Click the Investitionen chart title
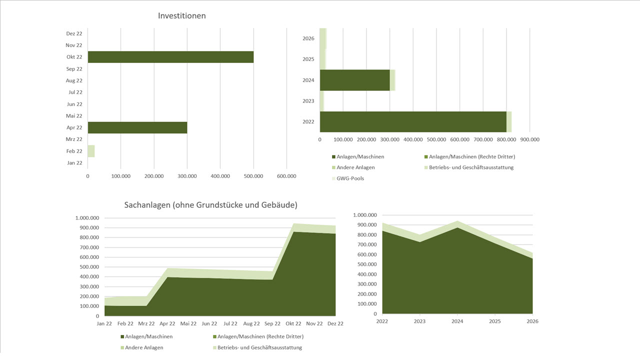(181, 15)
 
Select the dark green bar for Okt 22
(170, 57)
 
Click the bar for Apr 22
(137, 127)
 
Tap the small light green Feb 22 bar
(91, 151)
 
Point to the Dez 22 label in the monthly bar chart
(74, 33)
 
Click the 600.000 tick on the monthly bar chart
(286, 176)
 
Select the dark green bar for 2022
(412, 121)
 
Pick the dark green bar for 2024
(354, 80)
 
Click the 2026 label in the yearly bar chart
(308, 38)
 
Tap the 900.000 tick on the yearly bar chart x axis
(529, 140)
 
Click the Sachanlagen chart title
(210, 205)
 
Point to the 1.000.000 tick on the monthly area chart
(87, 218)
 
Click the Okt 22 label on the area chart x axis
(293, 324)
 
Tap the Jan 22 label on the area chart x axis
(104, 324)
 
